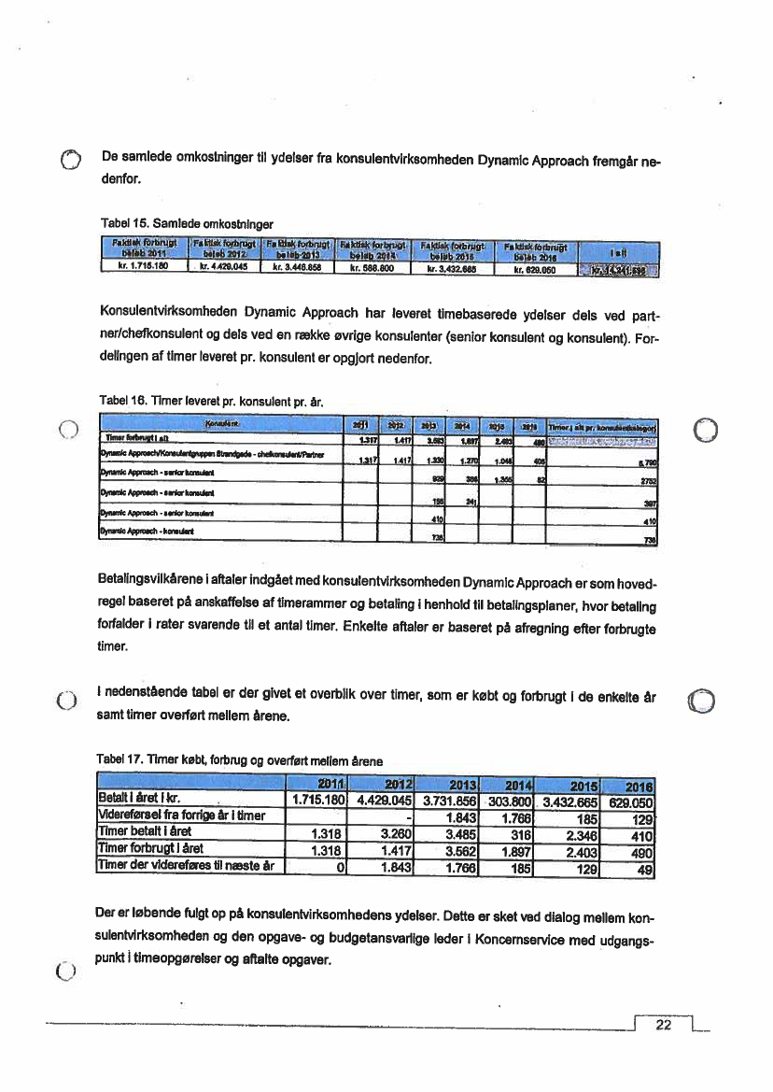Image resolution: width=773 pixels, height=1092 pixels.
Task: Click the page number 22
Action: coord(664,1025)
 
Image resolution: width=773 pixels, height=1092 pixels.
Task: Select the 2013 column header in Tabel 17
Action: coord(463,784)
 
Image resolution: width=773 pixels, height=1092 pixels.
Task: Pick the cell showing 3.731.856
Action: coord(449,801)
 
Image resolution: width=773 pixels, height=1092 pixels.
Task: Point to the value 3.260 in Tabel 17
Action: coord(398,833)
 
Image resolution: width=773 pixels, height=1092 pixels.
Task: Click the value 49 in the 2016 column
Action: coord(644,865)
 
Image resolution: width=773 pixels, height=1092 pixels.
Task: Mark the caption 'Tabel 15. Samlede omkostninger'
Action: coord(186,224)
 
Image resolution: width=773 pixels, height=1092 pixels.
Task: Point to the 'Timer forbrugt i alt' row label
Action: coord(137,438)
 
